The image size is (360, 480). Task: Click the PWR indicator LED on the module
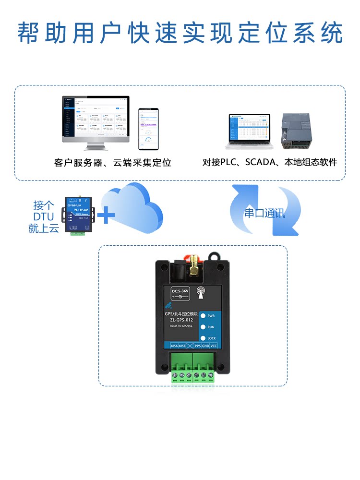(203, 316)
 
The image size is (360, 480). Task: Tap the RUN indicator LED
(203, 327)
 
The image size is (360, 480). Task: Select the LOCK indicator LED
(203, 338)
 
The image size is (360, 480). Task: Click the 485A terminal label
(174, 346)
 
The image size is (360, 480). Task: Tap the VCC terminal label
(214, 346)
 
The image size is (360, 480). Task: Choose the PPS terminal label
(197, 346)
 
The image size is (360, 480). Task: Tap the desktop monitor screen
(96, 118)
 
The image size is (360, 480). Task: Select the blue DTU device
(78, 215)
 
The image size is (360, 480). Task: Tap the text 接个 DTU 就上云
(44, 217)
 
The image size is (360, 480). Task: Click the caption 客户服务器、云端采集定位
(112, 163)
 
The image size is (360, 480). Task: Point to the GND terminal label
(205, 346)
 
